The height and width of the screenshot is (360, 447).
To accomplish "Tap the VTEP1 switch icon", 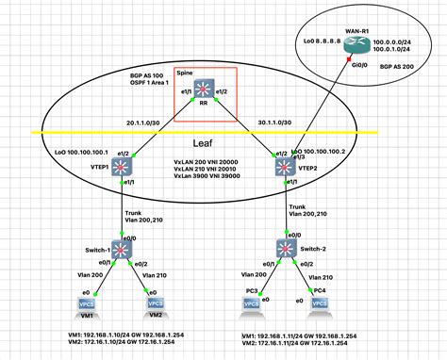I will coord(123,168).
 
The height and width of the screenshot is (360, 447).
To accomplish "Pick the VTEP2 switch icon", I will coord(283,167).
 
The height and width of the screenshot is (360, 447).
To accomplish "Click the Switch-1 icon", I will coord(123,250).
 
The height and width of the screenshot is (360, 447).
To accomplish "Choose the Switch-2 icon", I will coord(283,249).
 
